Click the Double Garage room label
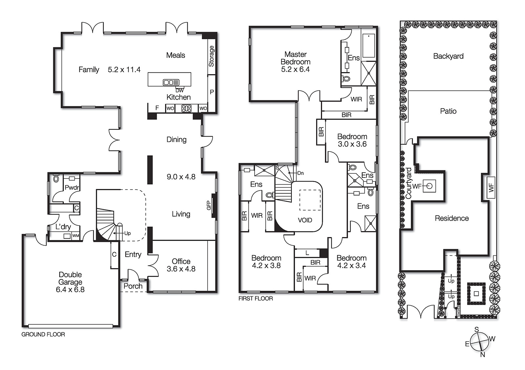(70, 278)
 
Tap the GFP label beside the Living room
(209, 205)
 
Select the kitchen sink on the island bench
(171, 82)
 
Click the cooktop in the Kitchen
(186, 108)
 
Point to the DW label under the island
(179, 90)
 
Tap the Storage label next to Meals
(211, 56)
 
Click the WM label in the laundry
(75, 235)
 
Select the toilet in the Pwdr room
(56, 179)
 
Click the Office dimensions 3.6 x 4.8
(181, 269)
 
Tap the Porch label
(133, 286)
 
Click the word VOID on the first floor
(305, 220)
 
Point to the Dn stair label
(300, 173)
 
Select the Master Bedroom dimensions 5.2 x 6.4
(295, 69)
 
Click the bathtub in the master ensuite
(368, 46)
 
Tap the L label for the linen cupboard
(307, 253)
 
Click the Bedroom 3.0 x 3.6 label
(352, 140)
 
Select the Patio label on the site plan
(448, 111)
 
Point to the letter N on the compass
(482, 355)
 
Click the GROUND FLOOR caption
(43, 334)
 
